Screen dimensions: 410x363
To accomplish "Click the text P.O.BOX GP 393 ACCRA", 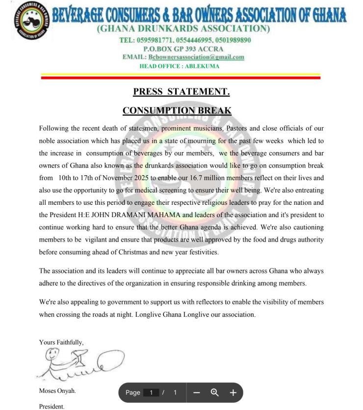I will tap(183, 49).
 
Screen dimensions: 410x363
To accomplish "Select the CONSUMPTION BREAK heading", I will tap(177, 110).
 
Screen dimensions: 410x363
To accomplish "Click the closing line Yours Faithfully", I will tap(61, 342).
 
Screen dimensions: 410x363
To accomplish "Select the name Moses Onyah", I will tap(57, 391).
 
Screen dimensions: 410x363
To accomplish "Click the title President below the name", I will tap(52, 406).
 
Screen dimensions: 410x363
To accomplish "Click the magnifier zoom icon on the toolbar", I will tap(214, 392).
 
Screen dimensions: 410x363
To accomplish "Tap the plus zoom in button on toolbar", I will tap(233, 392).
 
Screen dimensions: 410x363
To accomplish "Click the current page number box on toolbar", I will tap(152, 392).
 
